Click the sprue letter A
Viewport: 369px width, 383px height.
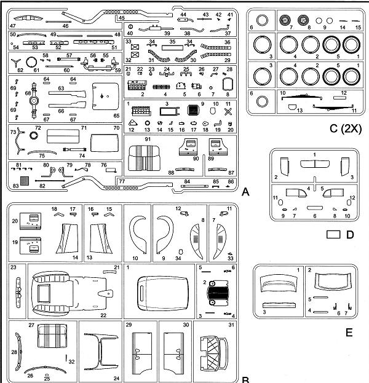pyautogui.click(x=245, y=193)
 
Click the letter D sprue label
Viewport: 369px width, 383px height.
pyautogui.click(x=350, y=234)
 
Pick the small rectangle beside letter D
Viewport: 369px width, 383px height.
pyautogui.click(x=333, y=234)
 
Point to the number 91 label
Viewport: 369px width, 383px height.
pyautogui.click(x=148, y=141)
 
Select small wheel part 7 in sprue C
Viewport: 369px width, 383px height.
pyautogui.click(x=285, y=20)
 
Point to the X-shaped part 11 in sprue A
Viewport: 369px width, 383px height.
pyautogui.click(x=228, y=113)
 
